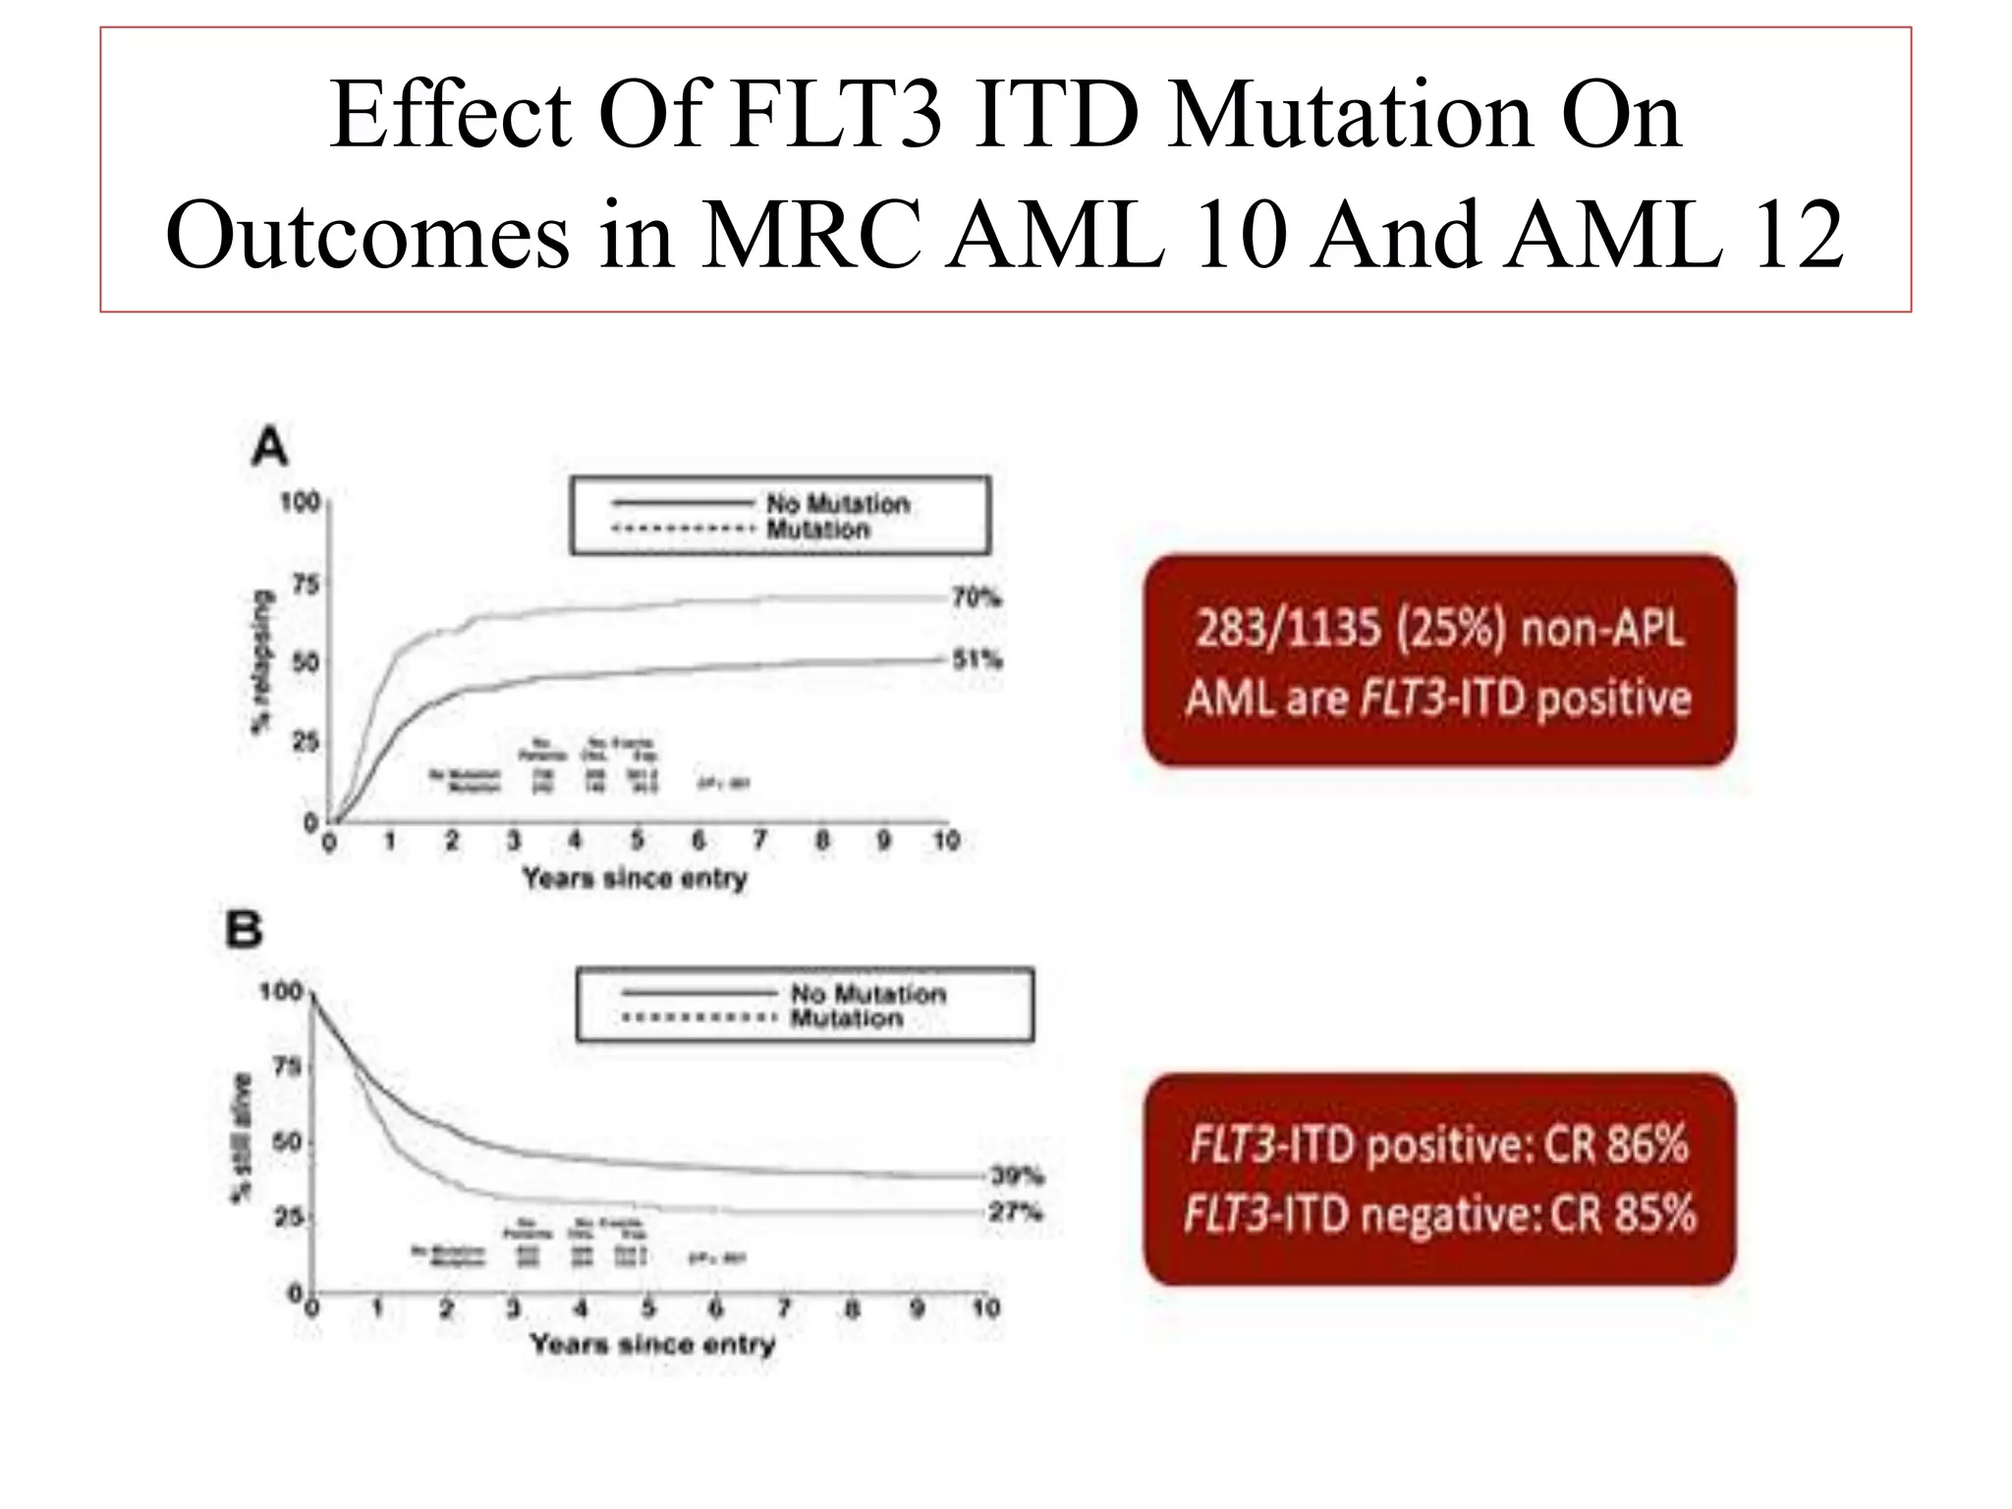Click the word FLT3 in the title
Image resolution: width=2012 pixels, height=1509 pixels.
coord(838,116)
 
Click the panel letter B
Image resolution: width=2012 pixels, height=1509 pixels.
coord(245,929)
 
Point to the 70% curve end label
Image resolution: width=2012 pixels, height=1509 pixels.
coord(977,597)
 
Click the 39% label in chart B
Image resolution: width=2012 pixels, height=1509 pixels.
coord(1017,1176)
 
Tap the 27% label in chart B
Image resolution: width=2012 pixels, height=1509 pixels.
coord(1015,1212)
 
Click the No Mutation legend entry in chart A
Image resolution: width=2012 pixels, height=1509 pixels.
coord(837,504)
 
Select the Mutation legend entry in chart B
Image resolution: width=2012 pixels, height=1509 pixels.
coord(846,1019)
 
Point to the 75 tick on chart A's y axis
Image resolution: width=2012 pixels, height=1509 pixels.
coord(306,586)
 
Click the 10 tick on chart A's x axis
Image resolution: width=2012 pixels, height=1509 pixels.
coord(945,841)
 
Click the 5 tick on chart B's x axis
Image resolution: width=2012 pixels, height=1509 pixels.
coord(648,1309)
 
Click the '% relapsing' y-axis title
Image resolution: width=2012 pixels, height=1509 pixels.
coord(260,661)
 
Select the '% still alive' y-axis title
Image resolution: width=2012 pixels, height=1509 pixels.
coord(241,1137)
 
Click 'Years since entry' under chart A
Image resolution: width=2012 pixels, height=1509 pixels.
coord(635,877)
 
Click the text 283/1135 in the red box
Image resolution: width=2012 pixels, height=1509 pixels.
coord(1287,629)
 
